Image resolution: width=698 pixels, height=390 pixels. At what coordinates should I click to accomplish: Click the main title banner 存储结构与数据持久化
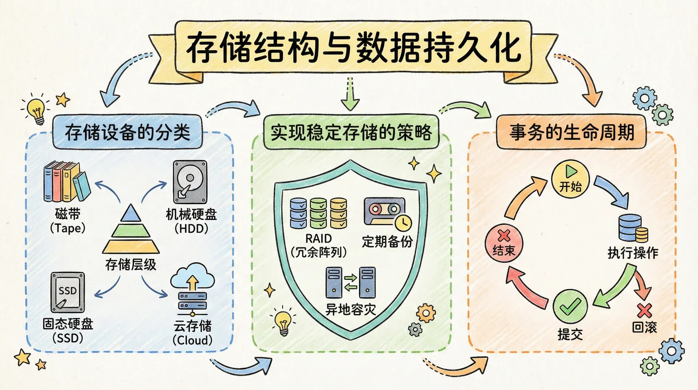[x=353, y=47]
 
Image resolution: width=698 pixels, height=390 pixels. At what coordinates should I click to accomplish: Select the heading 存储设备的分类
[x=127, y=132]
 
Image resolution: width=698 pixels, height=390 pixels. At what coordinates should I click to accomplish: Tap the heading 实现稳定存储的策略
[x=351, y=132]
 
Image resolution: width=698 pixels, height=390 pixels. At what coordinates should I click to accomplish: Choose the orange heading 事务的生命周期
[x=571, y=132]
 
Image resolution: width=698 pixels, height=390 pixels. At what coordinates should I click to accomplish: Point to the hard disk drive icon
[x=190, y=182]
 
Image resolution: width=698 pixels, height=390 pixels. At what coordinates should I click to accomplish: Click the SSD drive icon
[x=68, y=292]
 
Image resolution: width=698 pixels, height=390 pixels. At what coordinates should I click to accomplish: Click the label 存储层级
[x=131, y=264]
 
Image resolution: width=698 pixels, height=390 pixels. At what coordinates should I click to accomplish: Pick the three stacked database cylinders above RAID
[x=318, y=213]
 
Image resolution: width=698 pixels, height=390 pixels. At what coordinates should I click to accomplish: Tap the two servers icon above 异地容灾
[x=350, y=283]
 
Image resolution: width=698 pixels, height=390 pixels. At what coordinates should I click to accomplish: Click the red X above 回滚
[x=644, y=310]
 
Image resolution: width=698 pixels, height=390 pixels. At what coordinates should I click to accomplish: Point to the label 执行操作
[x=633, y=252]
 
